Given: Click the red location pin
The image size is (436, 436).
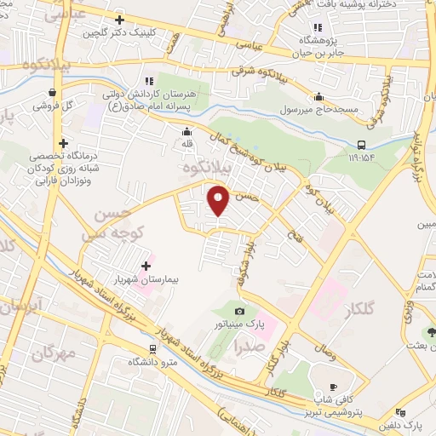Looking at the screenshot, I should [x=220, y=201].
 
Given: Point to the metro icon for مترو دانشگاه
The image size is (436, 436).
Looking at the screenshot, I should [x=152, y=348].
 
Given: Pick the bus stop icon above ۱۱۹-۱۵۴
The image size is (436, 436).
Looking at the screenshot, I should [x=362, y=144].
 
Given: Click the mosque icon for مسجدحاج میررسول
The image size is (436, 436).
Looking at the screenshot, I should [x=319, y=96].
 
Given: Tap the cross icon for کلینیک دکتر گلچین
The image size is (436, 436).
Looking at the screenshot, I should [x=119, y=20].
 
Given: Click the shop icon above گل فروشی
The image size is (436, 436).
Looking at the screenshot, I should [x=53, y=94].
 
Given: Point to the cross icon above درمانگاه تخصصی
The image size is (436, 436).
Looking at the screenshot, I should [x=63, y=143].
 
